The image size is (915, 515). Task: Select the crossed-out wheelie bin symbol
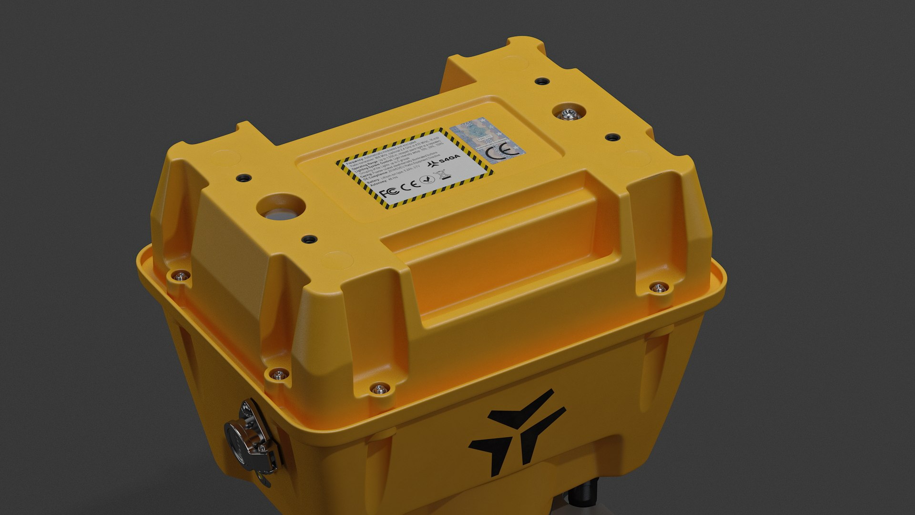(x=442, y=174)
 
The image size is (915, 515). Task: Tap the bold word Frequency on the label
(x=354, y=160)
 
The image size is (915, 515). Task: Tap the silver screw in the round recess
(x=568, y=113)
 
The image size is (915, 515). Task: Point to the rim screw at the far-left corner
(x=180, y=275)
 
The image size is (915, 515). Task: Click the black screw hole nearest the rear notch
(x=539, y=81)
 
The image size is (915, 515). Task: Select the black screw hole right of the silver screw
(x=612, y=137)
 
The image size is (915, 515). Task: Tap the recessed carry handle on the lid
(x=496, y=253)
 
